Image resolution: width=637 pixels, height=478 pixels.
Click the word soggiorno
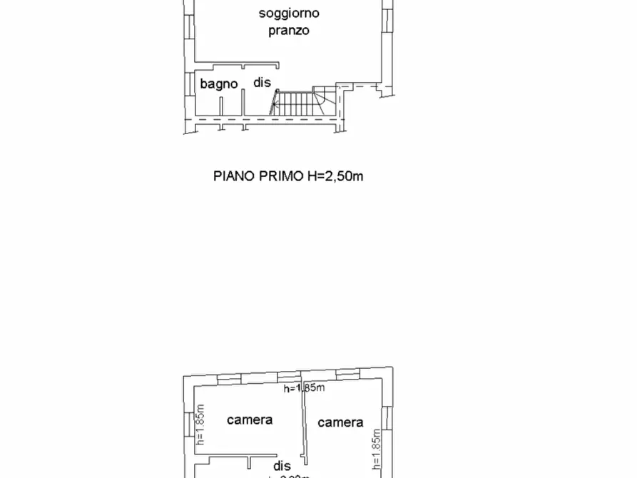pyautogui.click(x=289, y=13)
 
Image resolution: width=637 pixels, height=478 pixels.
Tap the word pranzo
pyautogui.click(x=289, y=31)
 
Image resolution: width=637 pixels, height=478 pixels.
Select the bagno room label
pyautogui.click(x=218, y=83)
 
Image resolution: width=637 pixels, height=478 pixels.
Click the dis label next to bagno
pyautogui.click(x=262, y=83)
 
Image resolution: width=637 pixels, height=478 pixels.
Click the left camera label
pyautogui.click(x=250, y=419)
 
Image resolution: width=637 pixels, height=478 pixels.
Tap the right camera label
pyautogui.click(x=340, y=422)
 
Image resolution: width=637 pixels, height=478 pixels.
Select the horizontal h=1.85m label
pyautogui.click(x=304, y=388)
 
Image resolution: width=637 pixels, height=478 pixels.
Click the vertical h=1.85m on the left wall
pyautogui.click(x=200, y=426)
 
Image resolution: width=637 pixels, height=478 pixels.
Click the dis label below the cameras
pyautogui.click(x=282, y=465)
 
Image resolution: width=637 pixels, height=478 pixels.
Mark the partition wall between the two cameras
pyautogui.click(x=303, y=424)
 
